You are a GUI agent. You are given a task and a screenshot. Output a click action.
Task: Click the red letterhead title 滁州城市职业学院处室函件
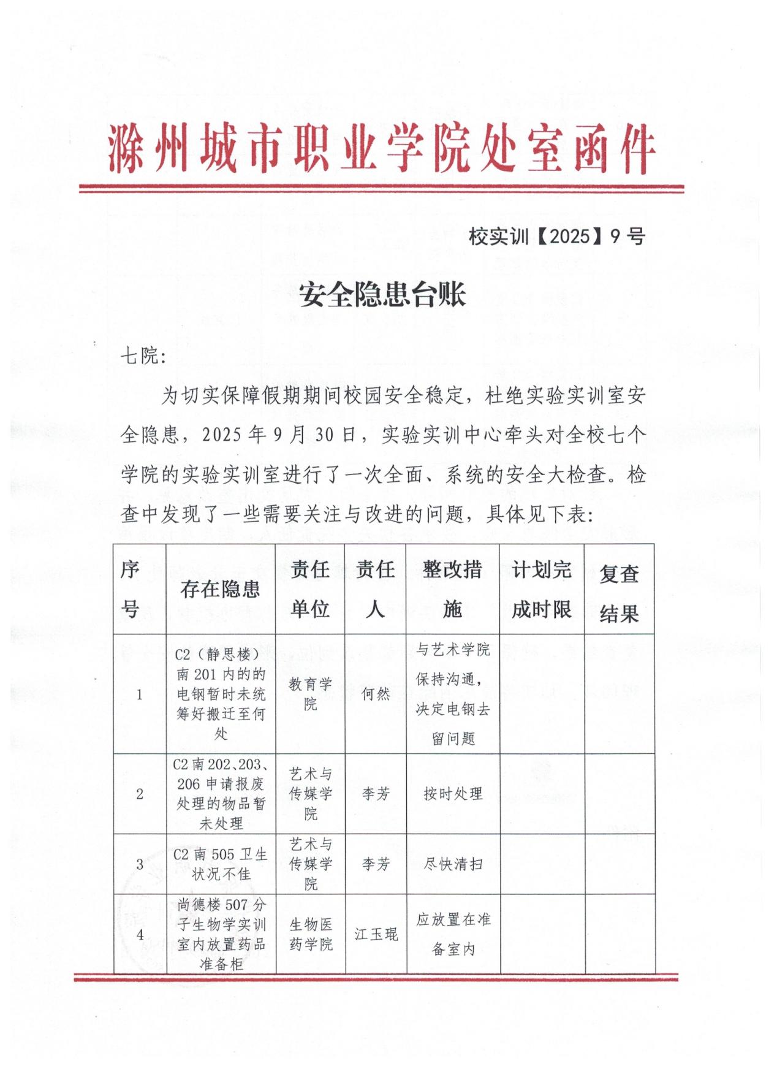click(381, 148)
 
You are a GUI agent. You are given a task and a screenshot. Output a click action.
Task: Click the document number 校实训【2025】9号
click(556, 236)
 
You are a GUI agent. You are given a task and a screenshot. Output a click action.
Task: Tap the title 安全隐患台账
click(382, 295)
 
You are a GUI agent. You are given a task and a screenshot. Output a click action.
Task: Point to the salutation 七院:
click(143, 356)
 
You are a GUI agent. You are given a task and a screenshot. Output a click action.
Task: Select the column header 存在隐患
click(220, 589)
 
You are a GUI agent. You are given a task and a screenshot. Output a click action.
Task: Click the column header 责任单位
click(310, 589)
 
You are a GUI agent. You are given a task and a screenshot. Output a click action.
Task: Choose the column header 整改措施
click(452, 589)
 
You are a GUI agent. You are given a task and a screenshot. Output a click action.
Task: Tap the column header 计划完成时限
click(542, 589)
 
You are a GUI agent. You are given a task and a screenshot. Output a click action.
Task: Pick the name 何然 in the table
click(376, 694)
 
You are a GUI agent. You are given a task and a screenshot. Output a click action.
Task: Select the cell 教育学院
click(310, 694)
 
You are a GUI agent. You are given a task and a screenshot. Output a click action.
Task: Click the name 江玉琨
click(376, 934)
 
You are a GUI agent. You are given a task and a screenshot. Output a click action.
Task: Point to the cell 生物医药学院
click(311, 934)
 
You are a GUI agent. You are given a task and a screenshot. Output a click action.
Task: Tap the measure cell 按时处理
click(453, 794)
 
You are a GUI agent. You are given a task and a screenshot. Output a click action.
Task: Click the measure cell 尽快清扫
click(453, 864)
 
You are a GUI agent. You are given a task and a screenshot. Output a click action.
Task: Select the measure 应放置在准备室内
click(453, 934)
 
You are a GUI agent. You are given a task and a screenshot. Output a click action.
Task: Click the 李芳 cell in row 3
click(376, 864)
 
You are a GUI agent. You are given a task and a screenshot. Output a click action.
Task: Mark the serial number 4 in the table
click(140, 934)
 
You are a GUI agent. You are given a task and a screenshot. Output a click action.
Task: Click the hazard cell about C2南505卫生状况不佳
click(221, 864)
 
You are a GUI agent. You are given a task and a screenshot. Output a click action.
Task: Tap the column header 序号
click(130, 589)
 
